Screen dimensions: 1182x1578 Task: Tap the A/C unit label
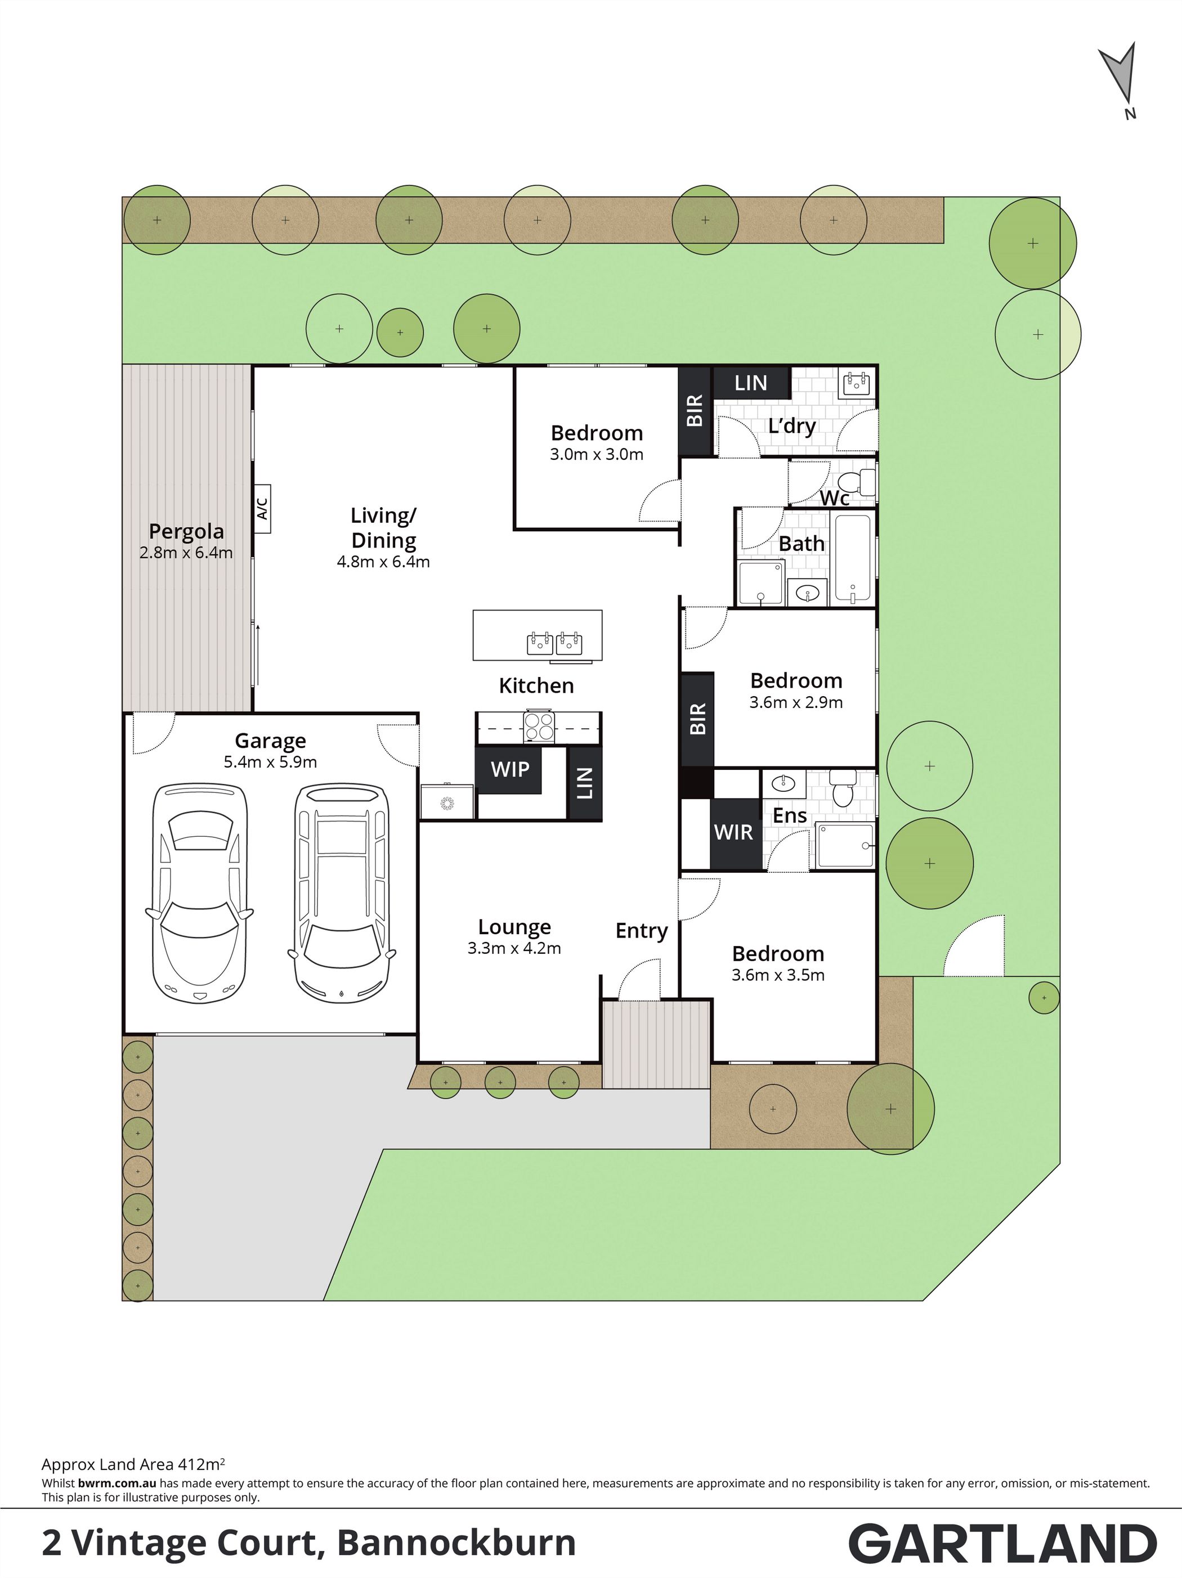[x=262, y=509]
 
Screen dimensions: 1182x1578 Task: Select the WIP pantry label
[x=510, y=769]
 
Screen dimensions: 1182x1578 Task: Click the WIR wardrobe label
[x=733, y=832]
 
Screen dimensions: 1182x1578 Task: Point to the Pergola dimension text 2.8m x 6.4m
[x=186, y=552]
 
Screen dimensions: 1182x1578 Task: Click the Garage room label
[x=270, y=742]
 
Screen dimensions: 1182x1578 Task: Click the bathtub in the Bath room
[x=852, y=559]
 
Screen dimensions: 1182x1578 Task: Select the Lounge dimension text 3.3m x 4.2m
[x=514, y=948]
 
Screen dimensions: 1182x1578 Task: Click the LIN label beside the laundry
[x=751, y=383]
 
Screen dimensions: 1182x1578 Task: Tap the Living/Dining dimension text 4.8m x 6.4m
[x=383, y=562]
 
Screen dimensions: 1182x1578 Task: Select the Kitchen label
[x=536, y=685]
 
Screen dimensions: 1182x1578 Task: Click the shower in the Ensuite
[x=845, y=847]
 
